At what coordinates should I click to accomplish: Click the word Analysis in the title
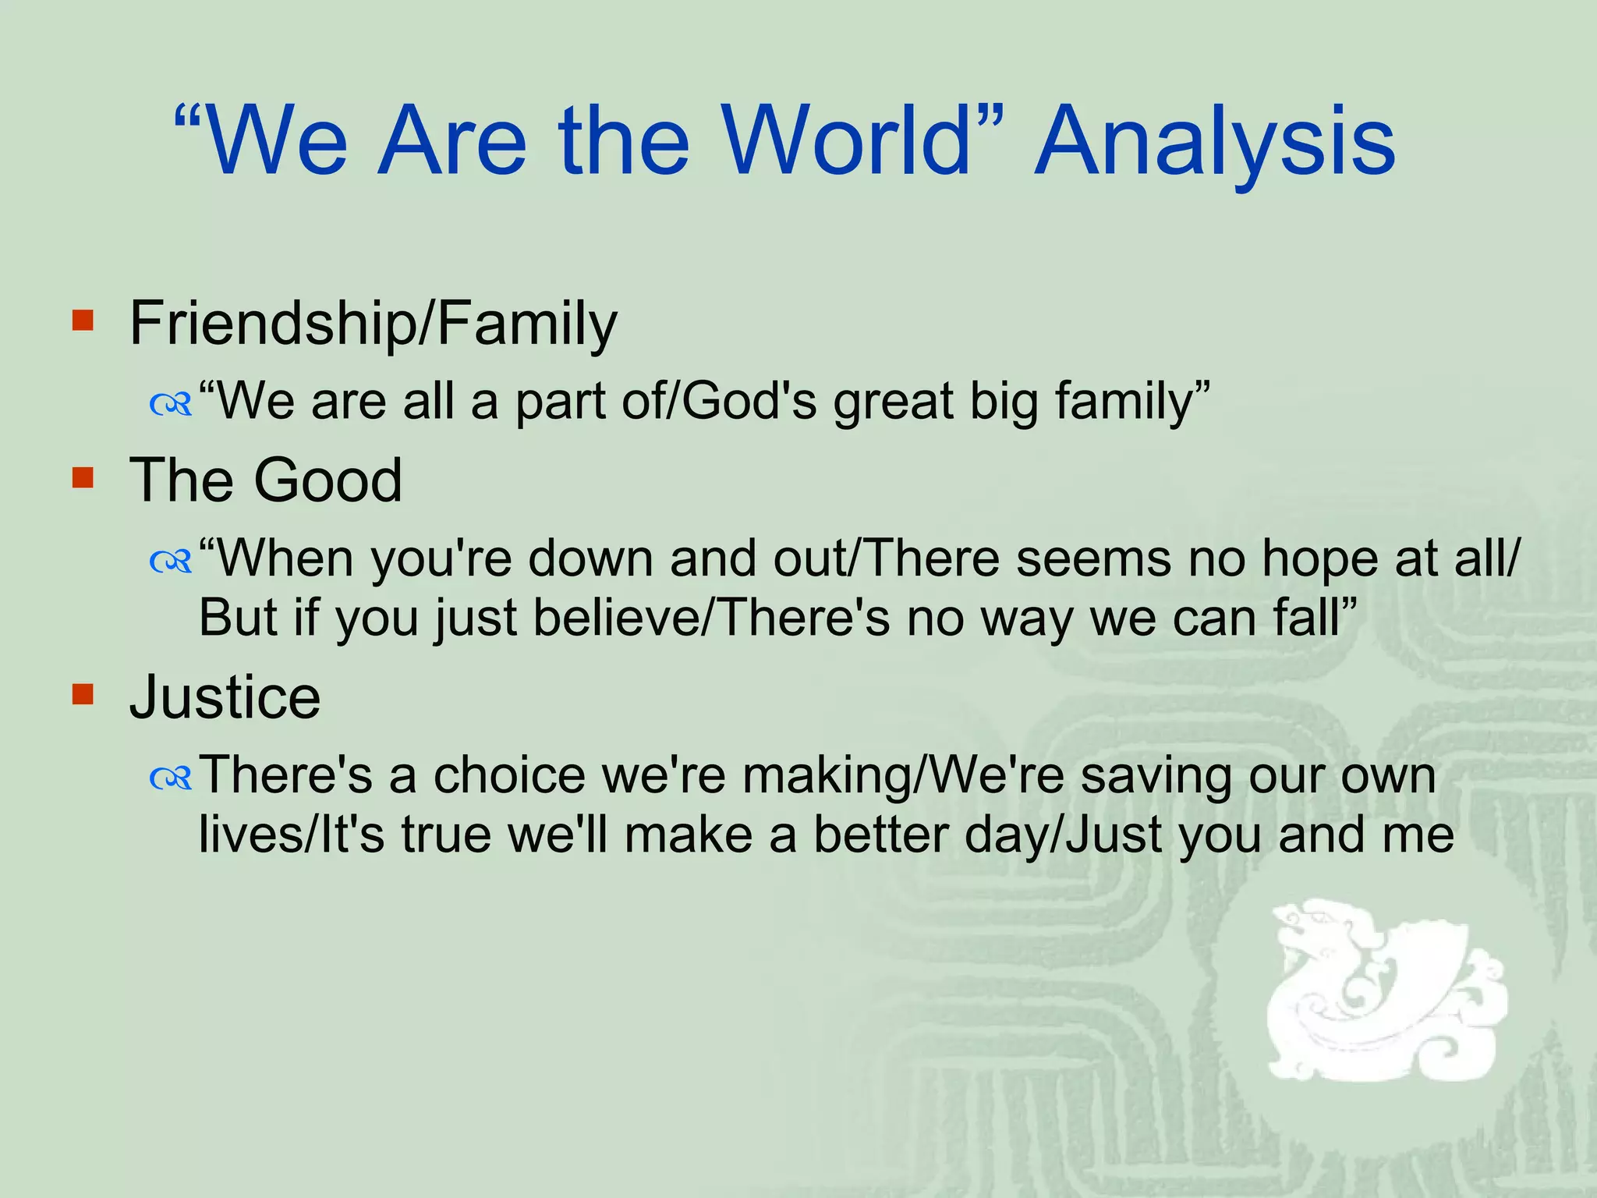click(1215, 144)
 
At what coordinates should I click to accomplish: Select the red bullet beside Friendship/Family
click(83, 321)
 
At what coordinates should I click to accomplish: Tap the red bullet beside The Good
click(83, 477)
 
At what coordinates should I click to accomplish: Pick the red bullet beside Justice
click(83, 693)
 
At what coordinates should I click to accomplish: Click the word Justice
click(225, 696)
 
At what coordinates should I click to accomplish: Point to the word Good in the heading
click(328, 480)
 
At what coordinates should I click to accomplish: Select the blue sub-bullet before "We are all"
click(171, 404)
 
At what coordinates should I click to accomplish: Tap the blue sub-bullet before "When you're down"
click(171, 561)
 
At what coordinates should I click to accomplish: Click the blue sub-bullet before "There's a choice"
click(171, 777)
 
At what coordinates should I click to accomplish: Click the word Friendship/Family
click(373, 324)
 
